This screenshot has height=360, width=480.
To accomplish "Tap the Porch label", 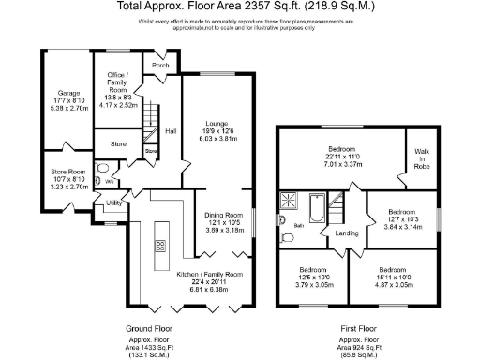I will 160,66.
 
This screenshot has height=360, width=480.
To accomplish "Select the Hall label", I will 172,131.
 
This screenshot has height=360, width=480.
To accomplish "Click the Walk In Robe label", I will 422,159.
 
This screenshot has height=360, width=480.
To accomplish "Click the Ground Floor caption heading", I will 152,329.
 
